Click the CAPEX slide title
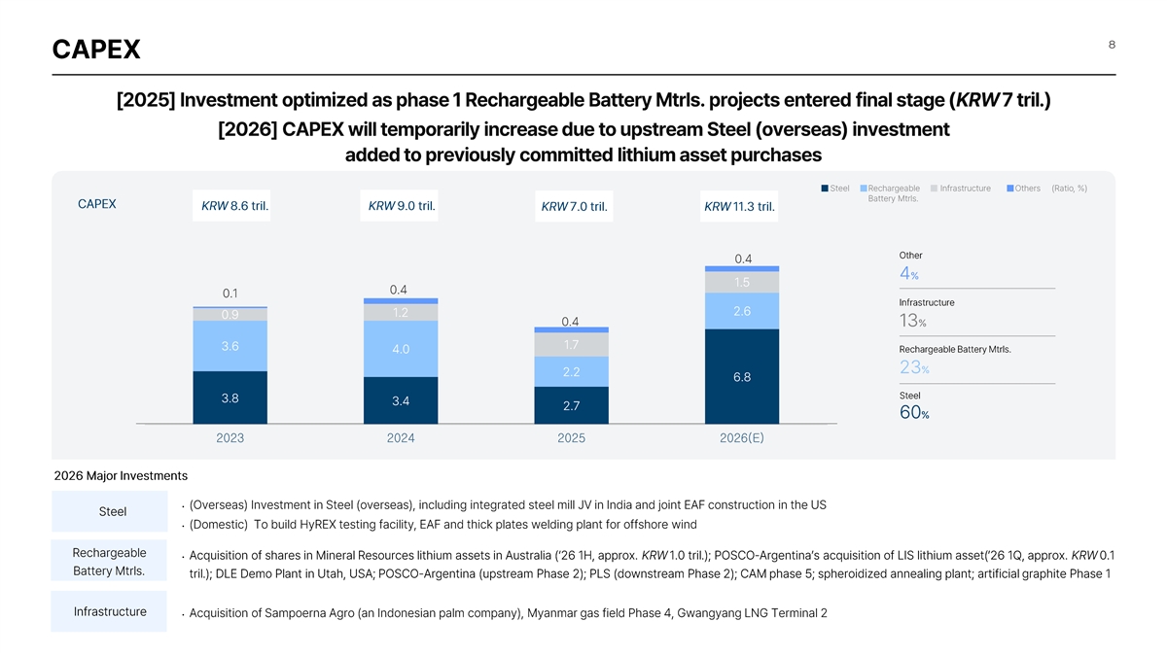pos(95,49)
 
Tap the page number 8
pos(1110,43)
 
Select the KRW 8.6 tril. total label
pos(234,206)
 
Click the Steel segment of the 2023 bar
pos(230,397)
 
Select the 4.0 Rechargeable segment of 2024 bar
pos(401,349)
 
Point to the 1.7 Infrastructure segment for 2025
pos(571,345)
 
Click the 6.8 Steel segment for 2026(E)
pos(742,377)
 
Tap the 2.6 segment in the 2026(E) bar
pos(742,311)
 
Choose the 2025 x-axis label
pos(571,438)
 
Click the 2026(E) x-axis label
pos(742,438)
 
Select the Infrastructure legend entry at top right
pos(965,189)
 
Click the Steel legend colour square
pos(825,189)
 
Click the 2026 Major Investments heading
pos(121,476)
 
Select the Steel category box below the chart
pos(112,512)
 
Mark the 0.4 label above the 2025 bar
pos(571,322)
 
